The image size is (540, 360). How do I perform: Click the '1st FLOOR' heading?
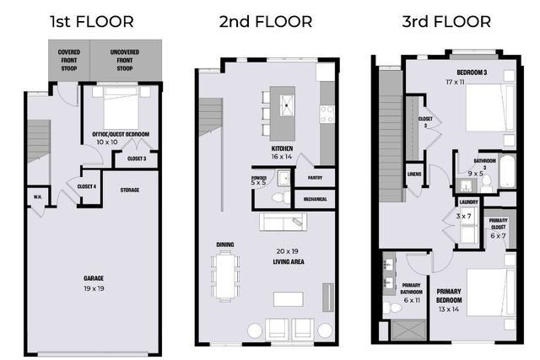coord(91,20)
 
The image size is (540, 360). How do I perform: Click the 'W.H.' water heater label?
coord(38,198)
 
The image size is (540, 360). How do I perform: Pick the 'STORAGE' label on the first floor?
coord(129,190)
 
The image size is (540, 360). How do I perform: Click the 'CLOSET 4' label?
coord(86,186)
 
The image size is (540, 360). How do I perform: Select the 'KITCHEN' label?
coord(282,148)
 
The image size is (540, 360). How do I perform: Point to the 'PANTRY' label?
coord(315,178)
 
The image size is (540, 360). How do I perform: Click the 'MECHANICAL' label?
coord(315,200)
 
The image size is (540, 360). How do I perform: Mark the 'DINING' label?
coord(224,244)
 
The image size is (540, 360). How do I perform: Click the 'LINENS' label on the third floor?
coord(413,175)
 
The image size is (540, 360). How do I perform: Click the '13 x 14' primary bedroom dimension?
coord(449,309)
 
